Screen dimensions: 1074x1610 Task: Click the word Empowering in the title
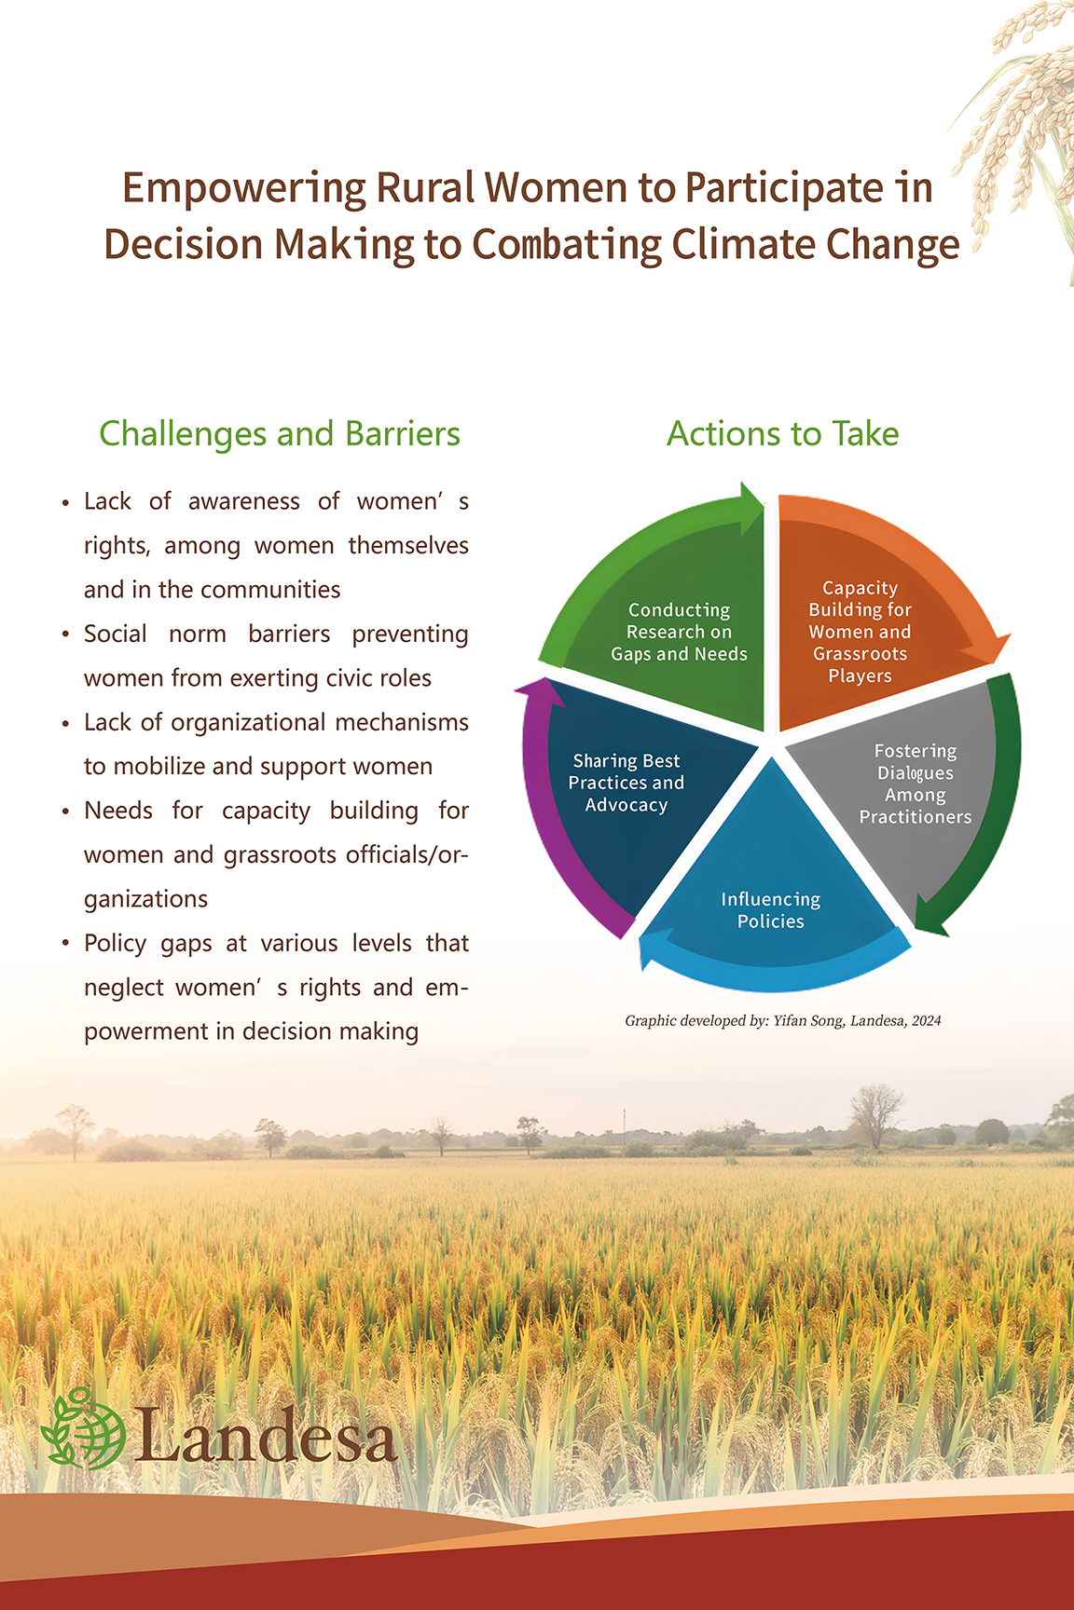coord(245,189)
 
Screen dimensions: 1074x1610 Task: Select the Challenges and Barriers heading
coord(280,434)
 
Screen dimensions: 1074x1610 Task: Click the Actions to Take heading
coord(783,434)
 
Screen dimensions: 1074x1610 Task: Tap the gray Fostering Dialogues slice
coord(904,792)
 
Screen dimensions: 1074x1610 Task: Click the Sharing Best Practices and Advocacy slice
coord(634,792)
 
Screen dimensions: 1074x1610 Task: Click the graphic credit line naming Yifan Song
coord(783,1020)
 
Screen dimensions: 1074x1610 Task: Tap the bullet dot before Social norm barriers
coord(65,635)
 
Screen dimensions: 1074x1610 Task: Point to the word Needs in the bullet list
coord(118,811)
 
